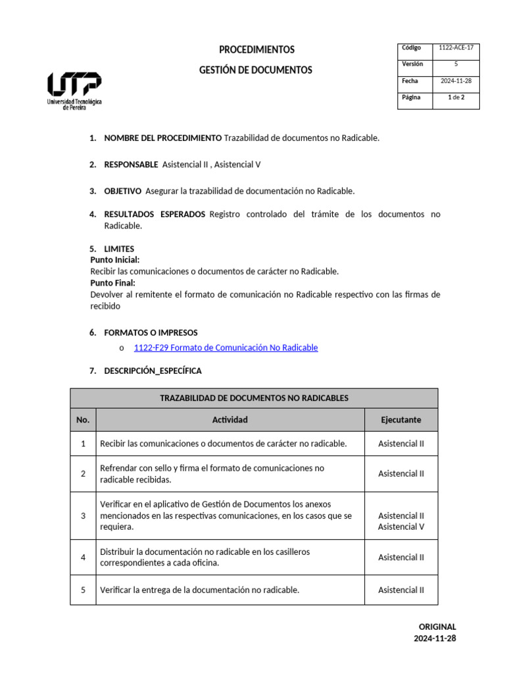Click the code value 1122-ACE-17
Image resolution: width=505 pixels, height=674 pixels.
pos(456,48)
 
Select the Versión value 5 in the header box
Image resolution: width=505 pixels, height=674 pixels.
pos(456,65)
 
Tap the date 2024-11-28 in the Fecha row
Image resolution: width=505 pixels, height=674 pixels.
pos(456,81)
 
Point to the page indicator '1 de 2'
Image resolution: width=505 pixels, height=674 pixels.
pos(456,97)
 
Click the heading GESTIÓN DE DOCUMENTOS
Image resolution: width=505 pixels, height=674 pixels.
pos(256,70)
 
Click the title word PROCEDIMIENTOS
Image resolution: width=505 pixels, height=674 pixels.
pos(256,50)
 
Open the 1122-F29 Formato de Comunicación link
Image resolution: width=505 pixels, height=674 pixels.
pos(226,348)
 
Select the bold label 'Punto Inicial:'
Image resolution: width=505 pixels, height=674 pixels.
pos(115,260)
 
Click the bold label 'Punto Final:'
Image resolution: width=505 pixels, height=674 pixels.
pos(112,283)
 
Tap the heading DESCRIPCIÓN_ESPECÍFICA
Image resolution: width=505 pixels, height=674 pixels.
pos(153,371)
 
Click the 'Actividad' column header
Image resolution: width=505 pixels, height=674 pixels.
pos(230,420)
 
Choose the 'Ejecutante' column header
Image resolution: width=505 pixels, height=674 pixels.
pos(401,420)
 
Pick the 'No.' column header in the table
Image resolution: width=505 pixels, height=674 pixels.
pos(83,420)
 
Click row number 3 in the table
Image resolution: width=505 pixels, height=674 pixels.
pos(83,516)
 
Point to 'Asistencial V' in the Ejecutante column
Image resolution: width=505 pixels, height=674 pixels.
pos(401,527)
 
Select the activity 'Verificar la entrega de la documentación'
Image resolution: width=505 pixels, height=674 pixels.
pos(199,590)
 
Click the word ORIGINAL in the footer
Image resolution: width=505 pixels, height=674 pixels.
pos(437,627)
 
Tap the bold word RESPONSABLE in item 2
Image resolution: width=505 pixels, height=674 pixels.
pos(131,165)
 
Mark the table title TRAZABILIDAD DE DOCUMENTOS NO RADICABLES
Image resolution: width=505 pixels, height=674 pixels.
pos(254,398)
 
